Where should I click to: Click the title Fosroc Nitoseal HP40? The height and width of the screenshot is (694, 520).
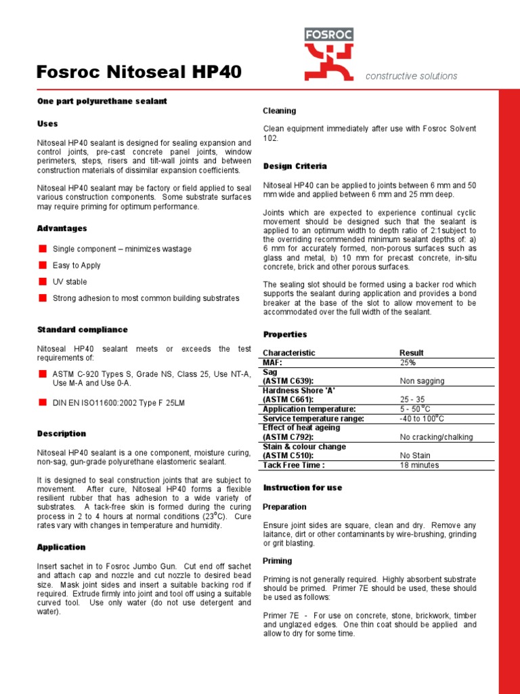pyautogui.click(x=138, y=72)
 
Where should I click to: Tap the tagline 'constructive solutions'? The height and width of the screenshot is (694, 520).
pyautogui.click(x=411, y=77)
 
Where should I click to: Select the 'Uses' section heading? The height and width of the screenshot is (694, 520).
pyautogui.click(x=47, y=124)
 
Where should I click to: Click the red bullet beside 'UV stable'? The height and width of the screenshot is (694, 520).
pyautogui.click(x=42, y=281)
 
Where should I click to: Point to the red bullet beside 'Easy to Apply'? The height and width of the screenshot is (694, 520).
pyautogui.click(x=42, y=265)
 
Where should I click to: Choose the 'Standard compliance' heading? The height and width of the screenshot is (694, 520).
pyautogui.click(x=82, y=330)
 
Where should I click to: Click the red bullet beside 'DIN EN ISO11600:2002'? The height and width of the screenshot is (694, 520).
pyautogui.click(x=42, y=402)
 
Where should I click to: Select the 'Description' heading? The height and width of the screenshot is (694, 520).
pyautogui.click(x=62, y=434)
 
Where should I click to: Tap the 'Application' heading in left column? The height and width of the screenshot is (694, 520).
pyautogui.click(x=61, y=547)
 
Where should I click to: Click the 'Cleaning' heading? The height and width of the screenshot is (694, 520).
pyautogui.click(x=279, y=110)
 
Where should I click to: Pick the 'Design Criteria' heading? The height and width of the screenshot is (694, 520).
pyautogui.click(x=295, y=166)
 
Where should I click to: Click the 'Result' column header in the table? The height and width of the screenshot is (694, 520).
pyautogui.click(x=412, y=352)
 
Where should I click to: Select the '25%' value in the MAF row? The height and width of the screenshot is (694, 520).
pyautogui.click(x=408, y=363)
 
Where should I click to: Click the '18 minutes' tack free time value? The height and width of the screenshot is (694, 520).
pyautogui.click(x=419, y=465)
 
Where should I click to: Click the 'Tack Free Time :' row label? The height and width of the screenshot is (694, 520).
pyautogui.click(x=293, y=465)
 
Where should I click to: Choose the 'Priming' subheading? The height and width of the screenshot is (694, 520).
pyautogui.click(x=277, y=561)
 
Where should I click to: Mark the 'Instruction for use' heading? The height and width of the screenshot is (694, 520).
pyautogui.click(x=302, y=488)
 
